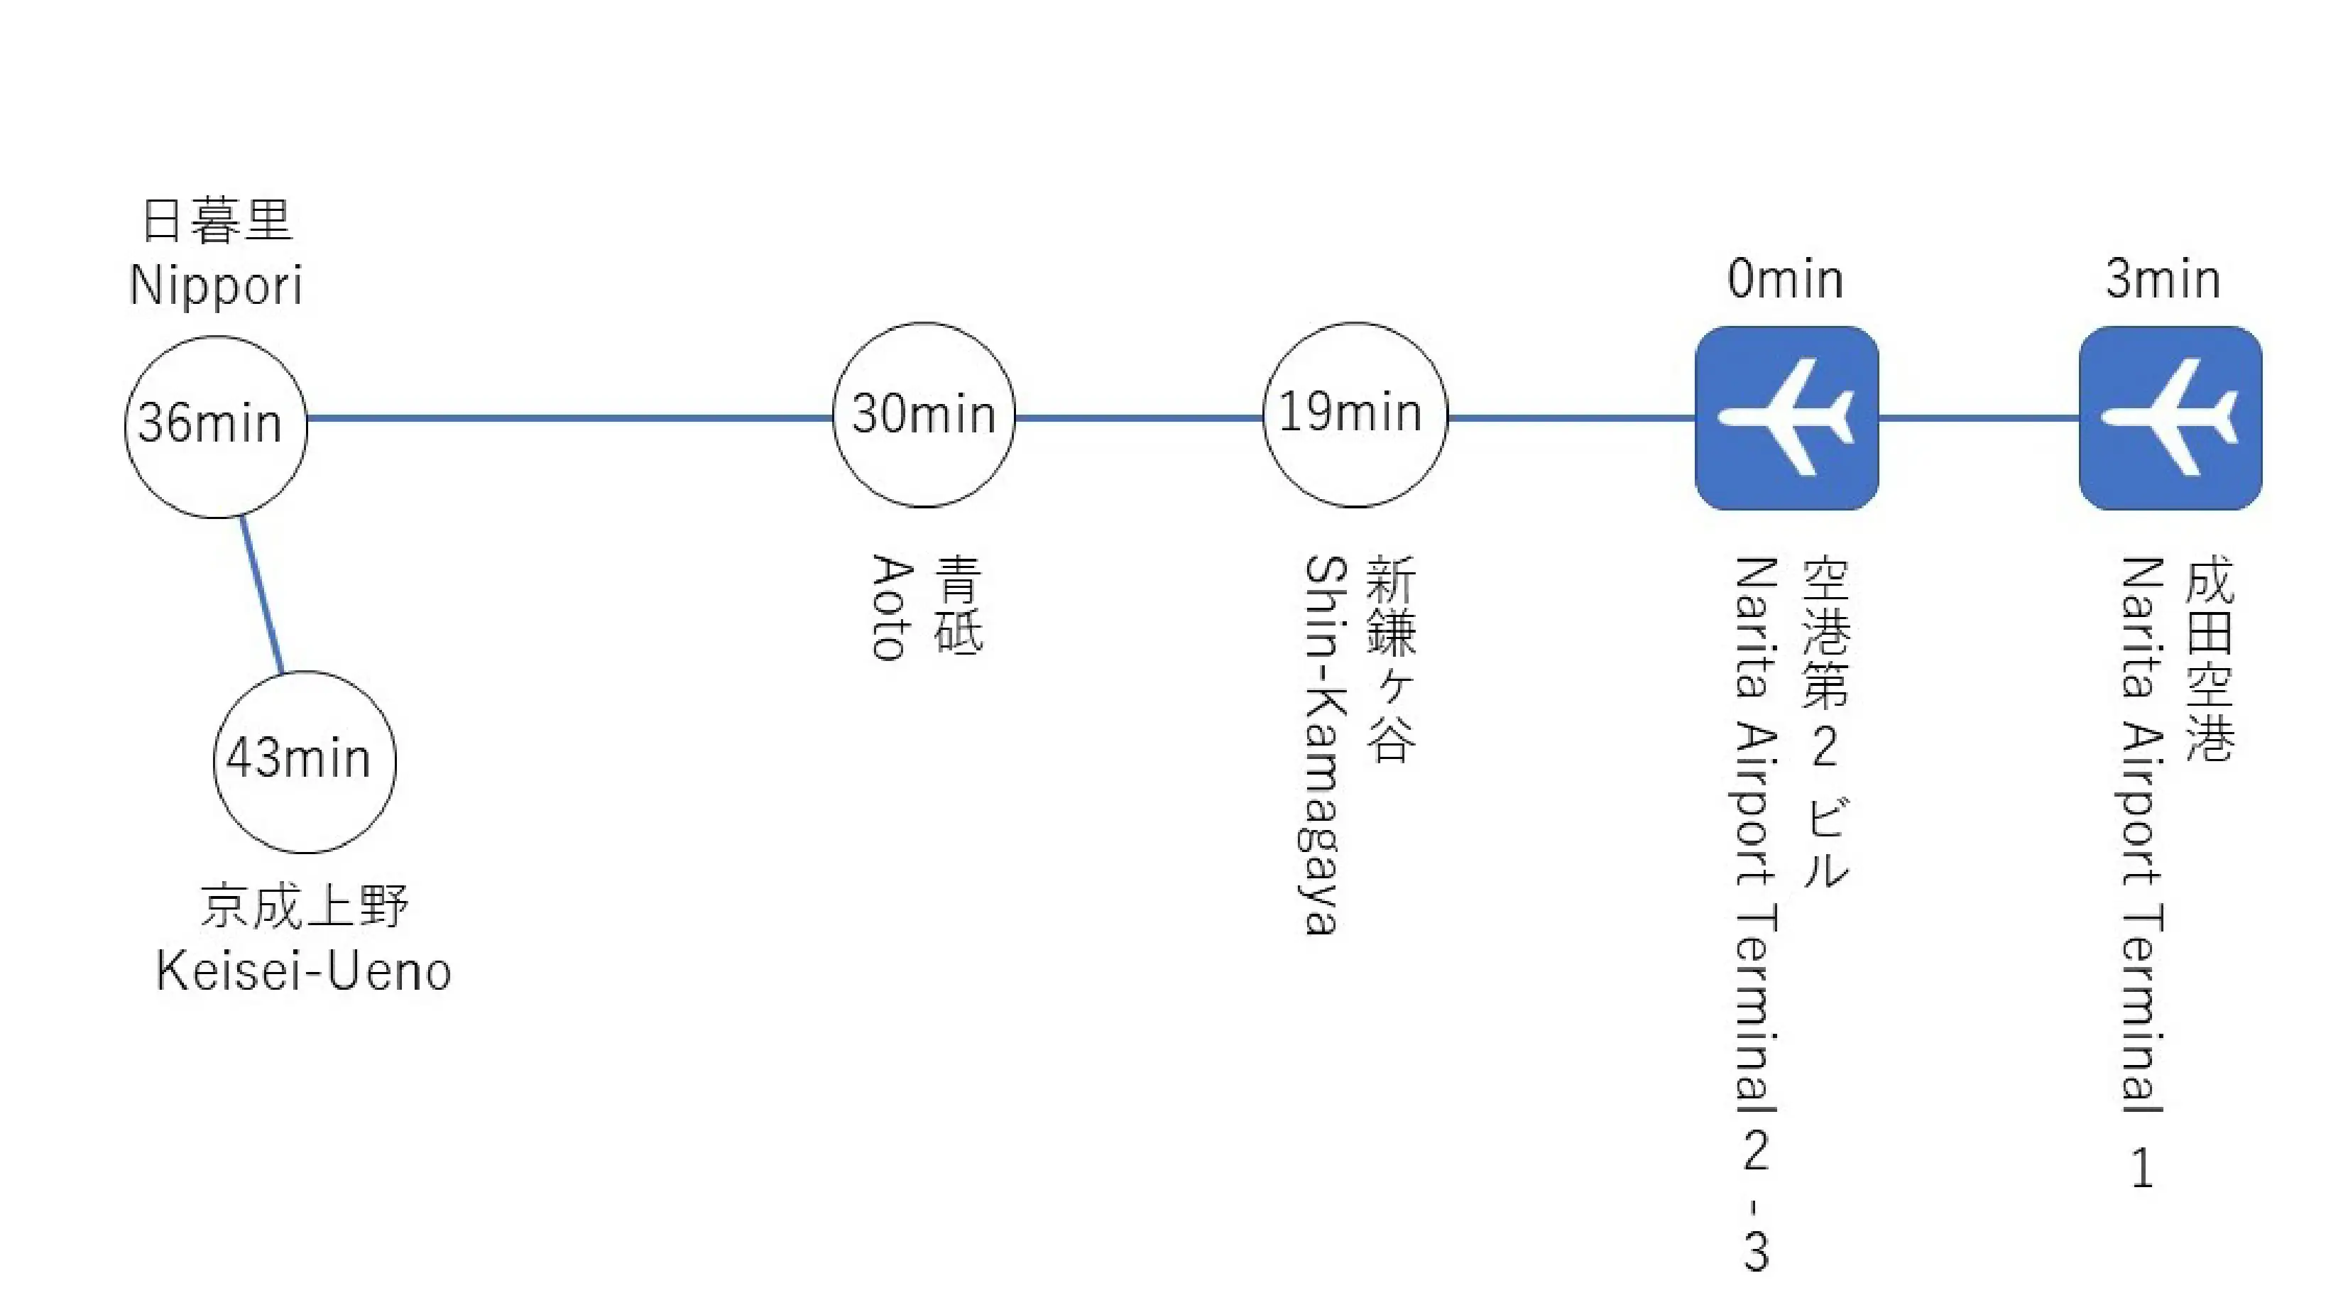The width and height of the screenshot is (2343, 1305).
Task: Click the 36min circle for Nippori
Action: click(216, 425)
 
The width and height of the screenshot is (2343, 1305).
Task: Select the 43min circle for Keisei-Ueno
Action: click(304, 761)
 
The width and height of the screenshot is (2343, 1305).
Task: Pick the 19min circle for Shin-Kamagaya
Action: click(1354, 415)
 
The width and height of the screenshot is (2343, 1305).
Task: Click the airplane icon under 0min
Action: click(1786, 417)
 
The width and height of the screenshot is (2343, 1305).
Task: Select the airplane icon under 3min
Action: click(2170, 417)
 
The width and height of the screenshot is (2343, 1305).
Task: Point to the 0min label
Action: click(1784, 279)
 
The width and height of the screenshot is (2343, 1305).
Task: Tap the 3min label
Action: click(2163, 279)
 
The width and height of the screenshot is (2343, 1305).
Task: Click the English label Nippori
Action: click(216, 285)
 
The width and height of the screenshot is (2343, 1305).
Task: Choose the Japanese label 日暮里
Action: click(217, 221)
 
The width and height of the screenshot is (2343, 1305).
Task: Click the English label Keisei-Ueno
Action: click(304, 971)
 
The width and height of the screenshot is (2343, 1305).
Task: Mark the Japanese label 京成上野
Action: click(304, 906)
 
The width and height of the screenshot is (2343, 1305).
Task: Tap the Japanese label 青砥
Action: click(958, 605)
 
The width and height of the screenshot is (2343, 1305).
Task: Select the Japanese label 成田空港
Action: click(2210, 660)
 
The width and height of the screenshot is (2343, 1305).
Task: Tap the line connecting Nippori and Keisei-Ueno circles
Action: click(261, 596)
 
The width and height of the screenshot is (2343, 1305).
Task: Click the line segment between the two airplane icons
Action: click(1978, 417)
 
